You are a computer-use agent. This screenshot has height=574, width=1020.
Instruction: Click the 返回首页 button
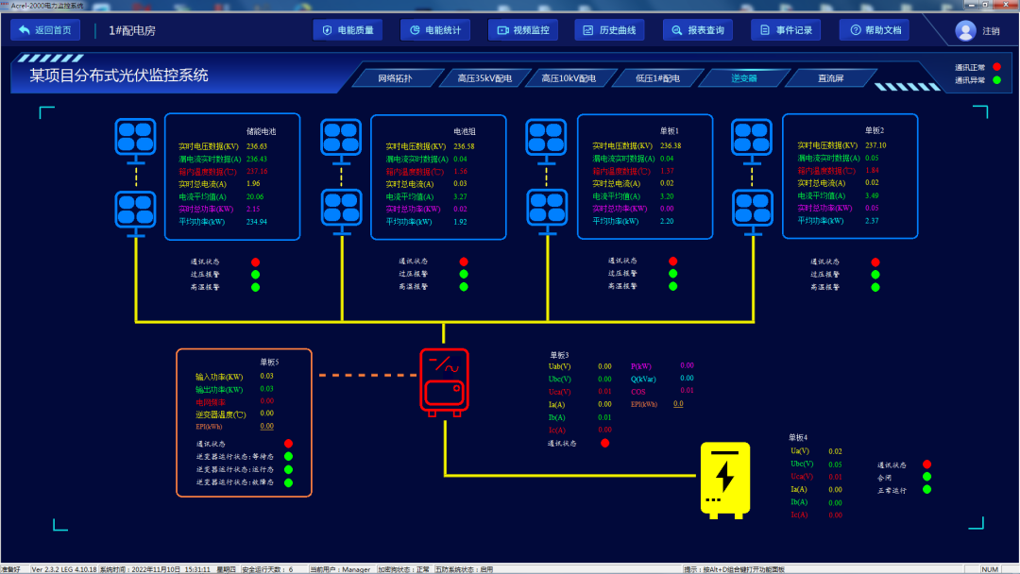45,30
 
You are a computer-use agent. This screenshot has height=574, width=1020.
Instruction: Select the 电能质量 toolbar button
348,30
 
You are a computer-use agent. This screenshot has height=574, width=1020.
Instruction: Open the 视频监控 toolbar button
523,30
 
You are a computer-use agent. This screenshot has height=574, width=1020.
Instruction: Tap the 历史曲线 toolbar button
610,30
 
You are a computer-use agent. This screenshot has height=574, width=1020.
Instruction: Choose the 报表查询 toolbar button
698,30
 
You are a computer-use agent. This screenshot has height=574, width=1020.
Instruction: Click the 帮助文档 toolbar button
875,30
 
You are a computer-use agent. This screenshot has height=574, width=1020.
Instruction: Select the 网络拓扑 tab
395,78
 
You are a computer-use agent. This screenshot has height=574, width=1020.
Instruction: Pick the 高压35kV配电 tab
484,78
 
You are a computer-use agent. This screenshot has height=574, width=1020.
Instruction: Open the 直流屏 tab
831,78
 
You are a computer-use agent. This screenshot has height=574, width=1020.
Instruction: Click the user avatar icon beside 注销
965,30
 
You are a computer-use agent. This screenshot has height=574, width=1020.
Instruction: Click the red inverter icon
443,382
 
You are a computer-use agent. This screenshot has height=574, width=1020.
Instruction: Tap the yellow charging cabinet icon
724,480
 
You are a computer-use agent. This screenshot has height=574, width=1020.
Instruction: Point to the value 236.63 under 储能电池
257,146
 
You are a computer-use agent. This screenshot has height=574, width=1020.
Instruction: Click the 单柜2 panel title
875,130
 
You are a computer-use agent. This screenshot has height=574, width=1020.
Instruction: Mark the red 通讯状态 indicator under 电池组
464,262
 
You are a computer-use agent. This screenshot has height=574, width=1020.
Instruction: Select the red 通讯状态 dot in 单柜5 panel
288,443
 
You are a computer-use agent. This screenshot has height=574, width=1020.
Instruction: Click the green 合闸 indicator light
926,477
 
